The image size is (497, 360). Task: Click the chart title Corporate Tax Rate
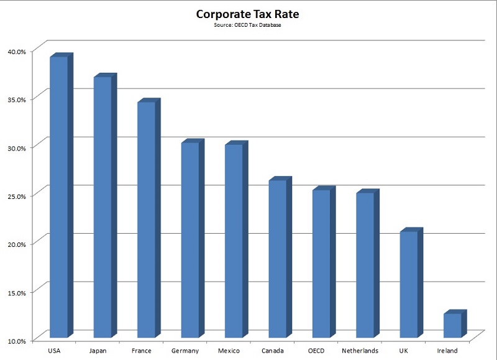248,14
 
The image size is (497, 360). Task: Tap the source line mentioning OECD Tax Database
248,25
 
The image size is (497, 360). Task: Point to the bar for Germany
190,240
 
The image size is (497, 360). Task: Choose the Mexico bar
234,241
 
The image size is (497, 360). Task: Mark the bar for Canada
277,259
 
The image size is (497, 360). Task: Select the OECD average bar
321,264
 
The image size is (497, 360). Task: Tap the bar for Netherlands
365,265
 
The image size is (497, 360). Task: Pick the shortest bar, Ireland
452,325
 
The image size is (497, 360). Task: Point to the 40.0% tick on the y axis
16,51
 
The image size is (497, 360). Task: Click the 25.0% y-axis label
16,196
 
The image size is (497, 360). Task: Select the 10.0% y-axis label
16,341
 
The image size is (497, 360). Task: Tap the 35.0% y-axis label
16,99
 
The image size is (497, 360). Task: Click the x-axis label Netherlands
360,351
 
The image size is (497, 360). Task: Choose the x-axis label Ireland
447,351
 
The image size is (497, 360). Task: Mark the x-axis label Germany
185,351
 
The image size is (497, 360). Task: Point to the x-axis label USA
54,351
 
